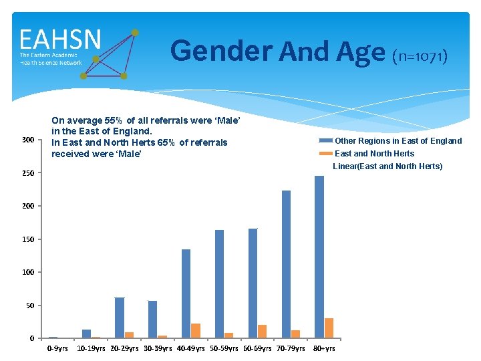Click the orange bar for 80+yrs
click(x=329, y=328)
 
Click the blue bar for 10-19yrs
click(x=86, y=334)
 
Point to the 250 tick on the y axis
click(x=27, y=173)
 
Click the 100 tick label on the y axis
click(x=27, y=272)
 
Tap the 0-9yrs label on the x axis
click(x=57, y=348)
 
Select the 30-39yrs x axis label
click(x=158, y=348)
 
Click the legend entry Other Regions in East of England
click(x=398, y=141)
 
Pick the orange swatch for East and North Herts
click(x=325, y=153)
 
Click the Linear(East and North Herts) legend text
click(x=387, y=166)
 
